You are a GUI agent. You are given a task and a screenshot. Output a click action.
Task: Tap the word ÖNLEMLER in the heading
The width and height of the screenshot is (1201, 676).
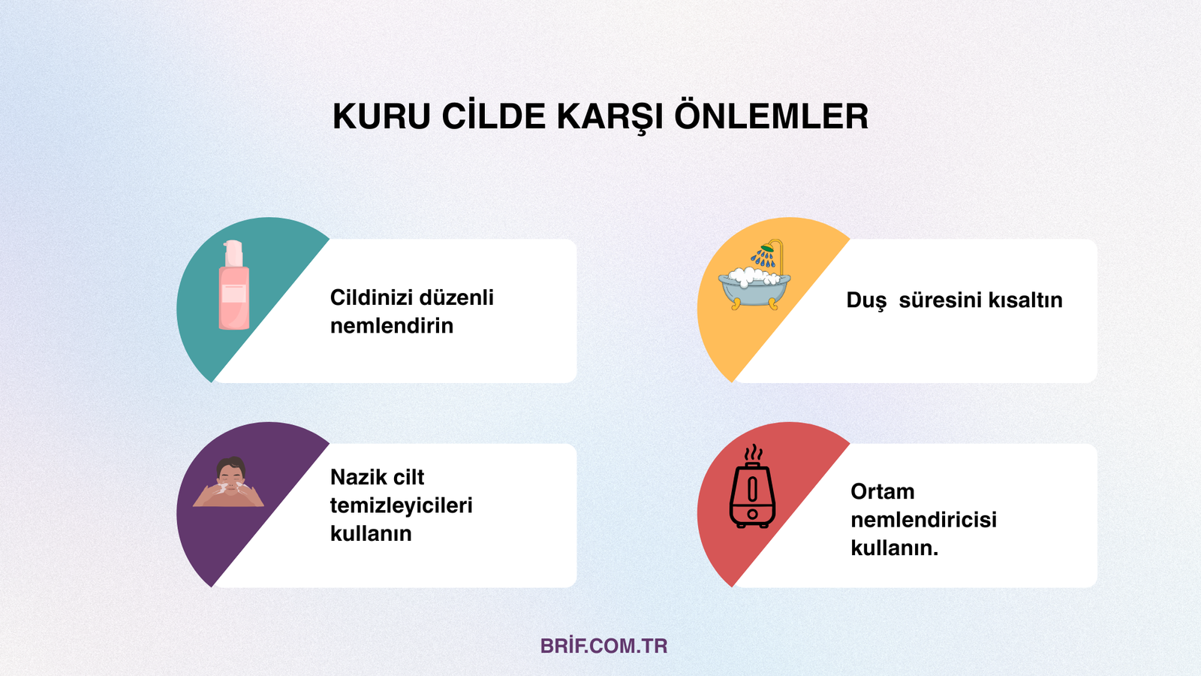[x=771, y=117]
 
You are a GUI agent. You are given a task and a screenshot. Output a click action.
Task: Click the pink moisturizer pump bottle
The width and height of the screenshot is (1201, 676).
[x=233, y=286]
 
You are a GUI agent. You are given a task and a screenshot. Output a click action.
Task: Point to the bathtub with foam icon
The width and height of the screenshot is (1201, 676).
[x=754, y=286]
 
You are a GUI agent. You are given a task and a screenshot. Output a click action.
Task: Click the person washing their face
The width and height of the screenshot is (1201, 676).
[x=230, y=483]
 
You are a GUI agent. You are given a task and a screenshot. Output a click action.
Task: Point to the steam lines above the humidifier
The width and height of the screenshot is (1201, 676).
[x=753, y=454]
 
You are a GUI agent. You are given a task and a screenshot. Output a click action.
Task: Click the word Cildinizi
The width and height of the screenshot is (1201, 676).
[x=371, y=297]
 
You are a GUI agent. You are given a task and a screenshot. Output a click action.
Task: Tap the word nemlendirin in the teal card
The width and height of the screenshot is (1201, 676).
[x=392, y=326]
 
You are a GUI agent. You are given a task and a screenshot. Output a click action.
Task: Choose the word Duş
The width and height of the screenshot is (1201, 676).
[x=866, y=300]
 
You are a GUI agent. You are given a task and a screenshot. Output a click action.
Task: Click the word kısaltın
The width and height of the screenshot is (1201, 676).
[x=1025, y=300]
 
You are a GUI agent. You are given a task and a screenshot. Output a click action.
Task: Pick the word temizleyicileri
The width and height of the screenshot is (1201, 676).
[x=401, y=505]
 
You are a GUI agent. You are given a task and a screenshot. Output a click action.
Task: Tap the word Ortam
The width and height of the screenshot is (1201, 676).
[x=882, y=491]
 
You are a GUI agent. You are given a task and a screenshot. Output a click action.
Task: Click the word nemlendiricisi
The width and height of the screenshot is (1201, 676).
[x=923, y=520]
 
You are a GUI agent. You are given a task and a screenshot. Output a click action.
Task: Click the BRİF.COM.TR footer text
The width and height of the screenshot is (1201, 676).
[x=604, y=646]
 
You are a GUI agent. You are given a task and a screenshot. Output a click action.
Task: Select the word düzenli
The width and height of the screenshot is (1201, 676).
[x=456, y=297]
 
